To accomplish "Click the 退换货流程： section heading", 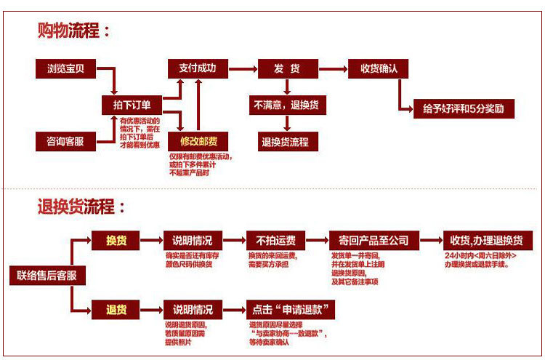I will (x=82, y=207).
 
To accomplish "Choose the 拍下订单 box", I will (x=132, y=105).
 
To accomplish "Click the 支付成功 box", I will (x=197, y=69).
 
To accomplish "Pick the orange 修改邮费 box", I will (x=198, y=141).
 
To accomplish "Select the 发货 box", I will (x=287, y=69).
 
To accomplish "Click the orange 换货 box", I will (x=116, y=241).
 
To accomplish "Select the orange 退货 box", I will (x=116, y=310).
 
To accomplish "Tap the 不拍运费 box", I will (x=275, y=241).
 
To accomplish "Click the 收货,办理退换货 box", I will (x=491, y=241).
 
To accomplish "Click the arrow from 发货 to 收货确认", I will (x=334, y=69).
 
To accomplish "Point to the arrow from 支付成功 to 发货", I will (x=241, y=69).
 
